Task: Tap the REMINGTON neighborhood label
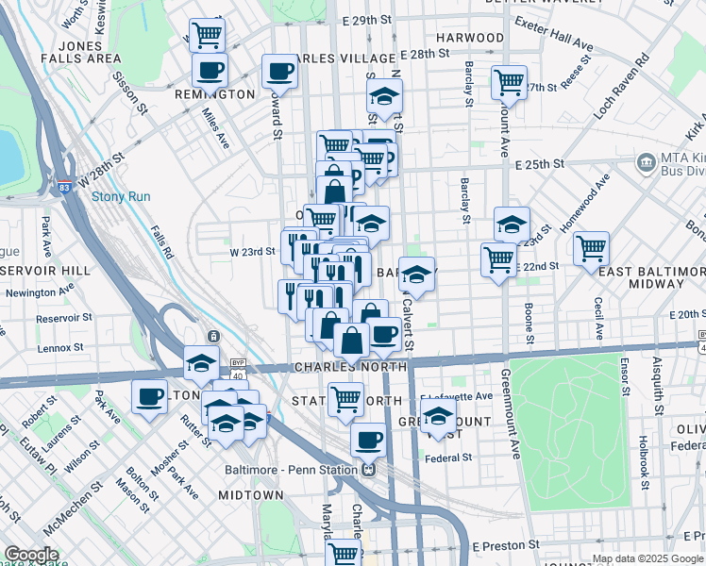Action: (215, 94)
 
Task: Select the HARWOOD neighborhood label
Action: (469, 38)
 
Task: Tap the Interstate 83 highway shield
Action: (64, 187)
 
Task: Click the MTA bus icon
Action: (647, 161)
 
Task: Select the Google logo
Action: (32, 555)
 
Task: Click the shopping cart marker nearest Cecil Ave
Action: (591, 249)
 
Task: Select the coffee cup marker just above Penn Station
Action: (368, 439)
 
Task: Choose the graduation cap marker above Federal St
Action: (437, 415)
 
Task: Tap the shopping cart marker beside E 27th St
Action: (509, 82)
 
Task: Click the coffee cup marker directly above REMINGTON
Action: (209, 69)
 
